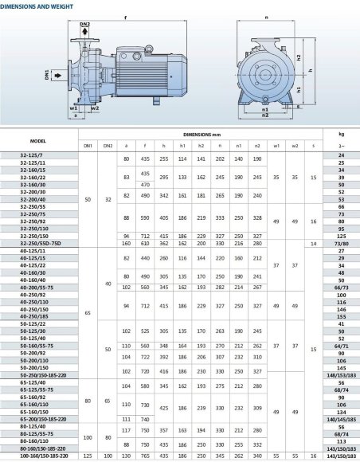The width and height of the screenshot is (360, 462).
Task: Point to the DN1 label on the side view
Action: tap(48, 76)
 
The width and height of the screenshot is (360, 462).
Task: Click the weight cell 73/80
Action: tap(341, 242)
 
